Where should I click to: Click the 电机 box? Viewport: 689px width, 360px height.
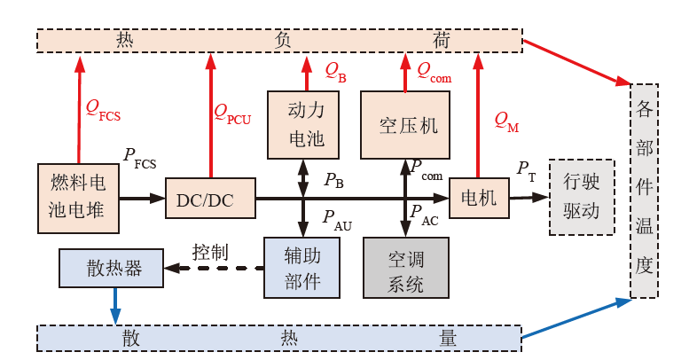479,198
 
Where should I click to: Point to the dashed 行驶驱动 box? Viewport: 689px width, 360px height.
581,198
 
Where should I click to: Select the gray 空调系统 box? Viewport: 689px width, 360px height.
405,268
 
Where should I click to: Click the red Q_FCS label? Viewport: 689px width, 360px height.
103,108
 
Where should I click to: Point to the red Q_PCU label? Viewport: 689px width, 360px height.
232,113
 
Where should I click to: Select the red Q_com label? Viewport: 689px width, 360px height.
434,71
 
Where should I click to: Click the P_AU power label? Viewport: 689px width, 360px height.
337,218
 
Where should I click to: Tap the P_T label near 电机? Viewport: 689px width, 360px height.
526,169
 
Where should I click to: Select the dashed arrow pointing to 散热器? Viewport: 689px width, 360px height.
216,268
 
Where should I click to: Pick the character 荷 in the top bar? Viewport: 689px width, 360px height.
441,40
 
